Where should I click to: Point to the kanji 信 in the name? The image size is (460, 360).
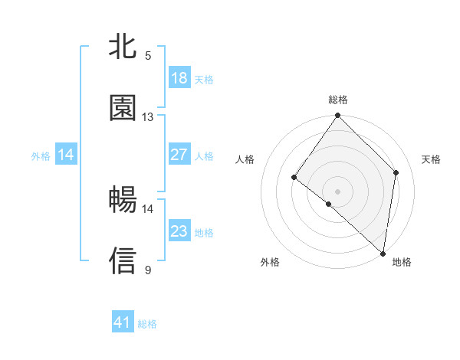[123, 260]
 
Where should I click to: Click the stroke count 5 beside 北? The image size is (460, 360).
[148, 55]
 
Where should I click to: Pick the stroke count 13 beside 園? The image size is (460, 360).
[148, 116]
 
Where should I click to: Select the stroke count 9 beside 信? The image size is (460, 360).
[148, 270]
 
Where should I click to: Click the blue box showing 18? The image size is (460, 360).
[179, 78]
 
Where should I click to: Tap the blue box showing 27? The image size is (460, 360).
[179, 155]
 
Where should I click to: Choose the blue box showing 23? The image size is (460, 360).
[179, 231]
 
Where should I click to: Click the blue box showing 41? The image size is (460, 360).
[123, 322]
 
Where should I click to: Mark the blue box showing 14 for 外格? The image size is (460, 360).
[66, 155]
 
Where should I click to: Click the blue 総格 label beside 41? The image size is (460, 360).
[147, 324]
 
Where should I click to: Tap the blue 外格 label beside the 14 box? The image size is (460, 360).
[41, 156]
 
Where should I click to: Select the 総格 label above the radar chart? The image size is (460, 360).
[338, 100]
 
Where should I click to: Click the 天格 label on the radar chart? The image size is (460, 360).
[432, 159]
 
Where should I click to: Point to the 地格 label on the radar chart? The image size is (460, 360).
[402, 262]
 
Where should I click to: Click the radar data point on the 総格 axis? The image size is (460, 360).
[337, 116]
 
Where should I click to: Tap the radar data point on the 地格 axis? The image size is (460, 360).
[383, 253]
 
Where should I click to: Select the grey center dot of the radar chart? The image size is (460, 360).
[337, 191]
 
